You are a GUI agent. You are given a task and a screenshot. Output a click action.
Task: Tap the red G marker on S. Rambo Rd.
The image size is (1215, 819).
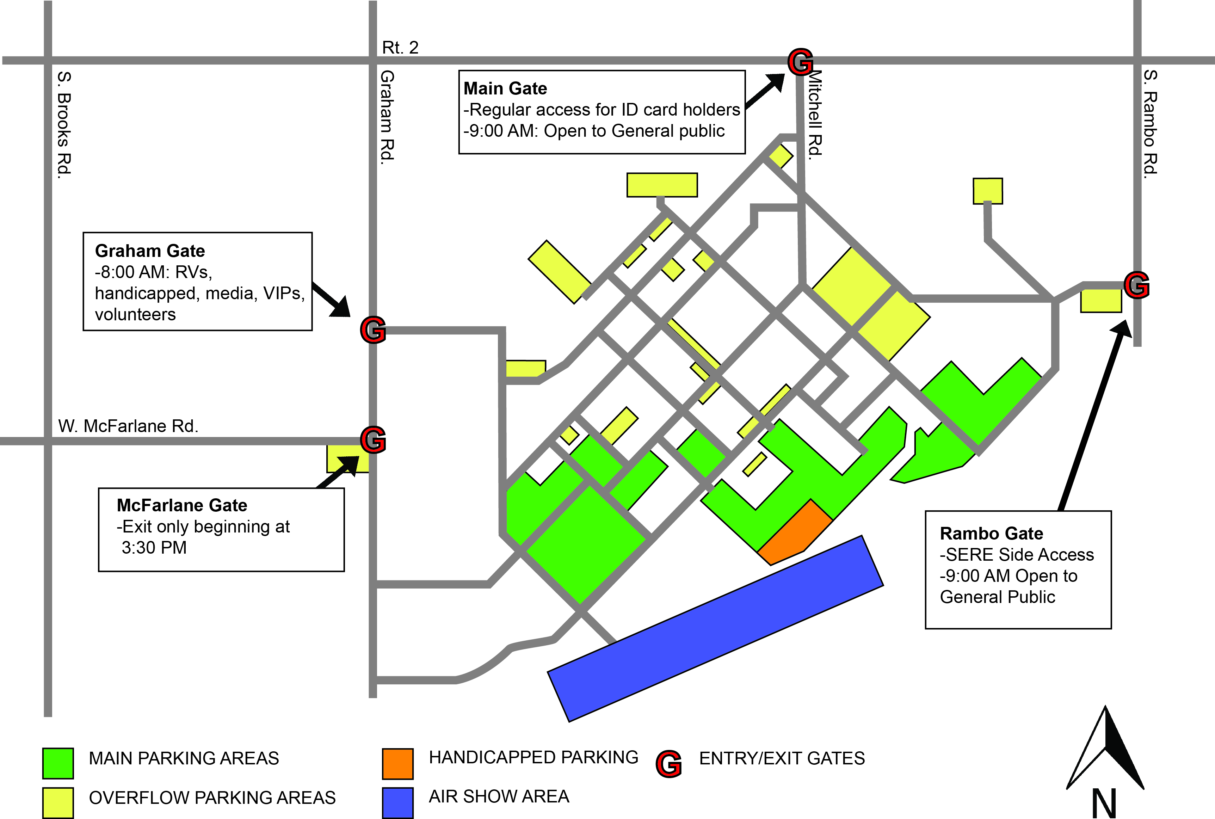[1136, 285]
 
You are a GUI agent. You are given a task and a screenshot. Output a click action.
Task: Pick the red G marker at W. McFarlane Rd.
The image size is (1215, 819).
[373, 440]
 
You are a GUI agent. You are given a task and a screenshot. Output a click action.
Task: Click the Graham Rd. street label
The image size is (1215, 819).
[387, 117]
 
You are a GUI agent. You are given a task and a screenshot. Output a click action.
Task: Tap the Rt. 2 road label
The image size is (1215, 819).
[400, 48]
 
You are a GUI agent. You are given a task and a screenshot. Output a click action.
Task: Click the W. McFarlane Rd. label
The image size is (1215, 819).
[128, 426]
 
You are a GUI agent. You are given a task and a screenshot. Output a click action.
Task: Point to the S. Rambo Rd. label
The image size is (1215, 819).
[1150, 124]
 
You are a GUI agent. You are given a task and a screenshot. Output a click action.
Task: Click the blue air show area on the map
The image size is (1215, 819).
[715, 629]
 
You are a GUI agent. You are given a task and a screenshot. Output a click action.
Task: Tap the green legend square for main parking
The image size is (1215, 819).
[58, 763]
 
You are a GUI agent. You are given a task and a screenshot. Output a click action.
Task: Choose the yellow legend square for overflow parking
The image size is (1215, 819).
[58, 802]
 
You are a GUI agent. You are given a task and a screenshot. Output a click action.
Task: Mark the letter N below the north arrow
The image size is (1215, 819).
[1104, 803]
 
